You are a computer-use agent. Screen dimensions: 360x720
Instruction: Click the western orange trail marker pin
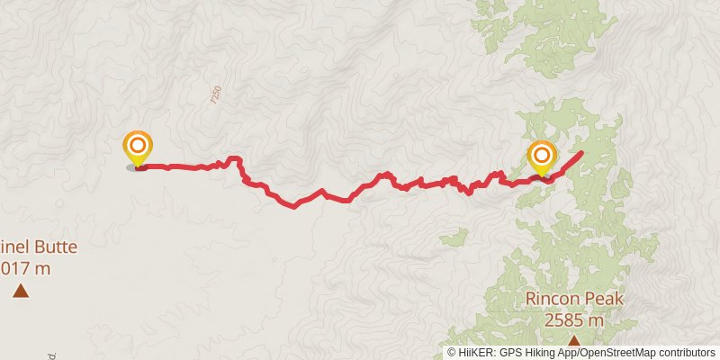[x=138, y=149]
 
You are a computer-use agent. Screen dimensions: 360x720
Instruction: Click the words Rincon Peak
[x=573, y=300]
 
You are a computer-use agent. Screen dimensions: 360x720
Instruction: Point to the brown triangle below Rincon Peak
[x=573, y=339]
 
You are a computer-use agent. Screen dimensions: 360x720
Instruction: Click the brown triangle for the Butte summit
[x=20, y=290]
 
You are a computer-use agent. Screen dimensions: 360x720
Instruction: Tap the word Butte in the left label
[x=55, y=247]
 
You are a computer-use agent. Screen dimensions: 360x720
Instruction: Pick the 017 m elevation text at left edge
[x=24, y=267]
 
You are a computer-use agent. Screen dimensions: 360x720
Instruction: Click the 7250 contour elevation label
[x=215, y=95]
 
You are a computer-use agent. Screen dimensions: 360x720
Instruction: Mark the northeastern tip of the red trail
[x=580, y=153]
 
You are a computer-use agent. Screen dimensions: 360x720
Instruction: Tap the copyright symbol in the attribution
[x=451, y=353]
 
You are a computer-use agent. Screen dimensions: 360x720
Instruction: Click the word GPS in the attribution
[x=509, y=353]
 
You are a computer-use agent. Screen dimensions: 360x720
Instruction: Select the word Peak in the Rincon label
[x=602, y=300]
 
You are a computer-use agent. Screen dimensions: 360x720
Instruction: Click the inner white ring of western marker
[x=138, y=145]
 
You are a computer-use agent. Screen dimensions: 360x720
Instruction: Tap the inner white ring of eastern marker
[x=542, y=155]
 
